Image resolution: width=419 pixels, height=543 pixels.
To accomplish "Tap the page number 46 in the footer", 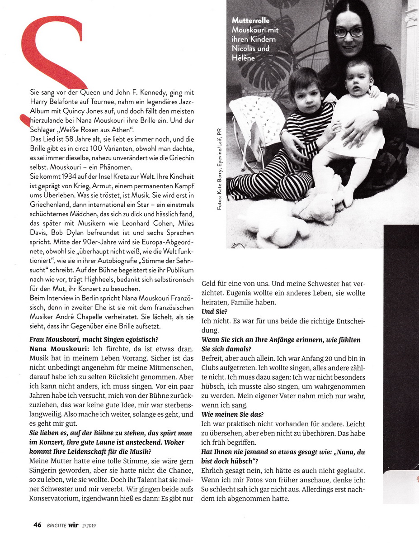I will tap(38, 525).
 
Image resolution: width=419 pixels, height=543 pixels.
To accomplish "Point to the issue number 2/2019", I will tap(92, 525).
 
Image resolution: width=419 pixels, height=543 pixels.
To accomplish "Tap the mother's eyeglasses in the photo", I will tap(348, 32).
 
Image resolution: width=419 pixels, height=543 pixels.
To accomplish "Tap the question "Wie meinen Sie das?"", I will tap(233, 414).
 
